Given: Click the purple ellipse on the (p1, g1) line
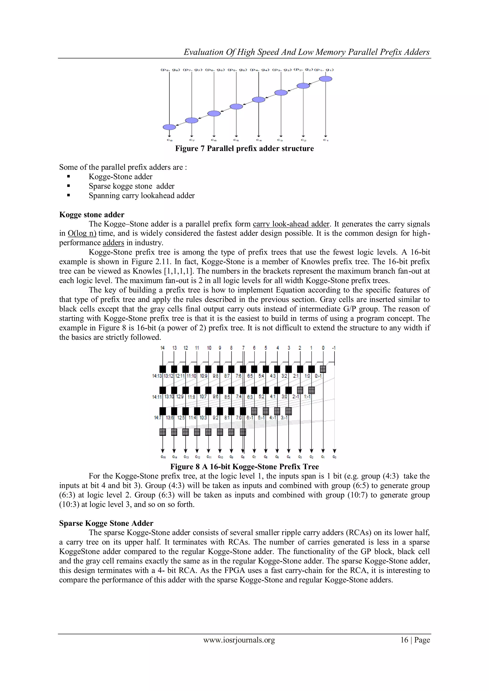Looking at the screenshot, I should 325,79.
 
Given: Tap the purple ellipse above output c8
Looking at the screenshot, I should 169,127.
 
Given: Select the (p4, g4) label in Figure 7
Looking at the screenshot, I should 260,70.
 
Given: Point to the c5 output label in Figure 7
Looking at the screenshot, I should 236,140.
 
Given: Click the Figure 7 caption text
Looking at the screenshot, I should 244,148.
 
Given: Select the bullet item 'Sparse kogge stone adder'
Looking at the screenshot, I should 131,186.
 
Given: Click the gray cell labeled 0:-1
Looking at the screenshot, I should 323,369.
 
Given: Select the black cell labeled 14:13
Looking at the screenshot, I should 163,369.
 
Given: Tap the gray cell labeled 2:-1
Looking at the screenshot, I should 300,390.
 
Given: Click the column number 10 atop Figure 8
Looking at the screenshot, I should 209,348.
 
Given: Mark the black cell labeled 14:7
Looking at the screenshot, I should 163,411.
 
